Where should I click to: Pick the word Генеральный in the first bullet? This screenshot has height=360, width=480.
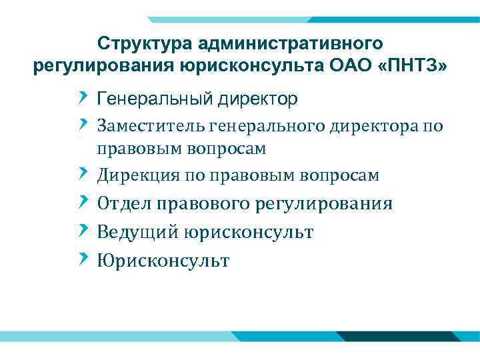coord(153,99)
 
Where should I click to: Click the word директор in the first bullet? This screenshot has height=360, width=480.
coord(255,99)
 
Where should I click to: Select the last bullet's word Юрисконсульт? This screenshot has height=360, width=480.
coord(163,261)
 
